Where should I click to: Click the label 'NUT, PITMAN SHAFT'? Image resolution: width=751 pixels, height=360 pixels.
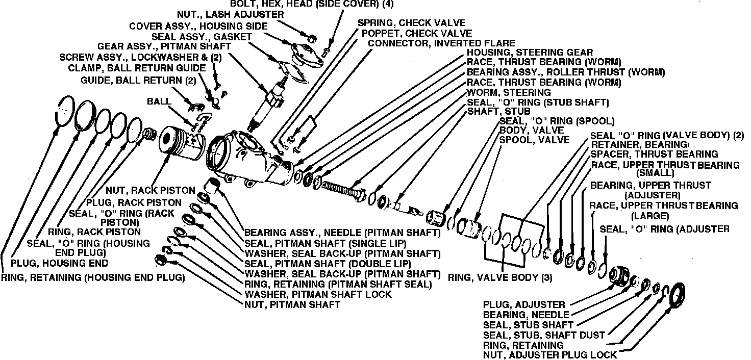(x=292, y=305)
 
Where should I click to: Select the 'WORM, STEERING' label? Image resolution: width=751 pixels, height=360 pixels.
(x=509, y=92)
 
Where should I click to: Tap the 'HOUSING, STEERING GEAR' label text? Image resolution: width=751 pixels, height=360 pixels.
(x=530, y=52)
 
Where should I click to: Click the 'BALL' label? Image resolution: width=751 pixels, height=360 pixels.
(x=159, y=101)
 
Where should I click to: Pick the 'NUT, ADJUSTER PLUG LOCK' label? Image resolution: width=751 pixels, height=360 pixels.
(x=549, y=355)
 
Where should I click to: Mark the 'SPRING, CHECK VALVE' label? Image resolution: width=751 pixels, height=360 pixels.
(x=411, y=23)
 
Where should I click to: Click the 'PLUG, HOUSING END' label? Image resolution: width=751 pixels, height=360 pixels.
(x=60, y=263)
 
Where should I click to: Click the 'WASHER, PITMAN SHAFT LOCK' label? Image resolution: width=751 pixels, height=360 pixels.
(x=318, y=294)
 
